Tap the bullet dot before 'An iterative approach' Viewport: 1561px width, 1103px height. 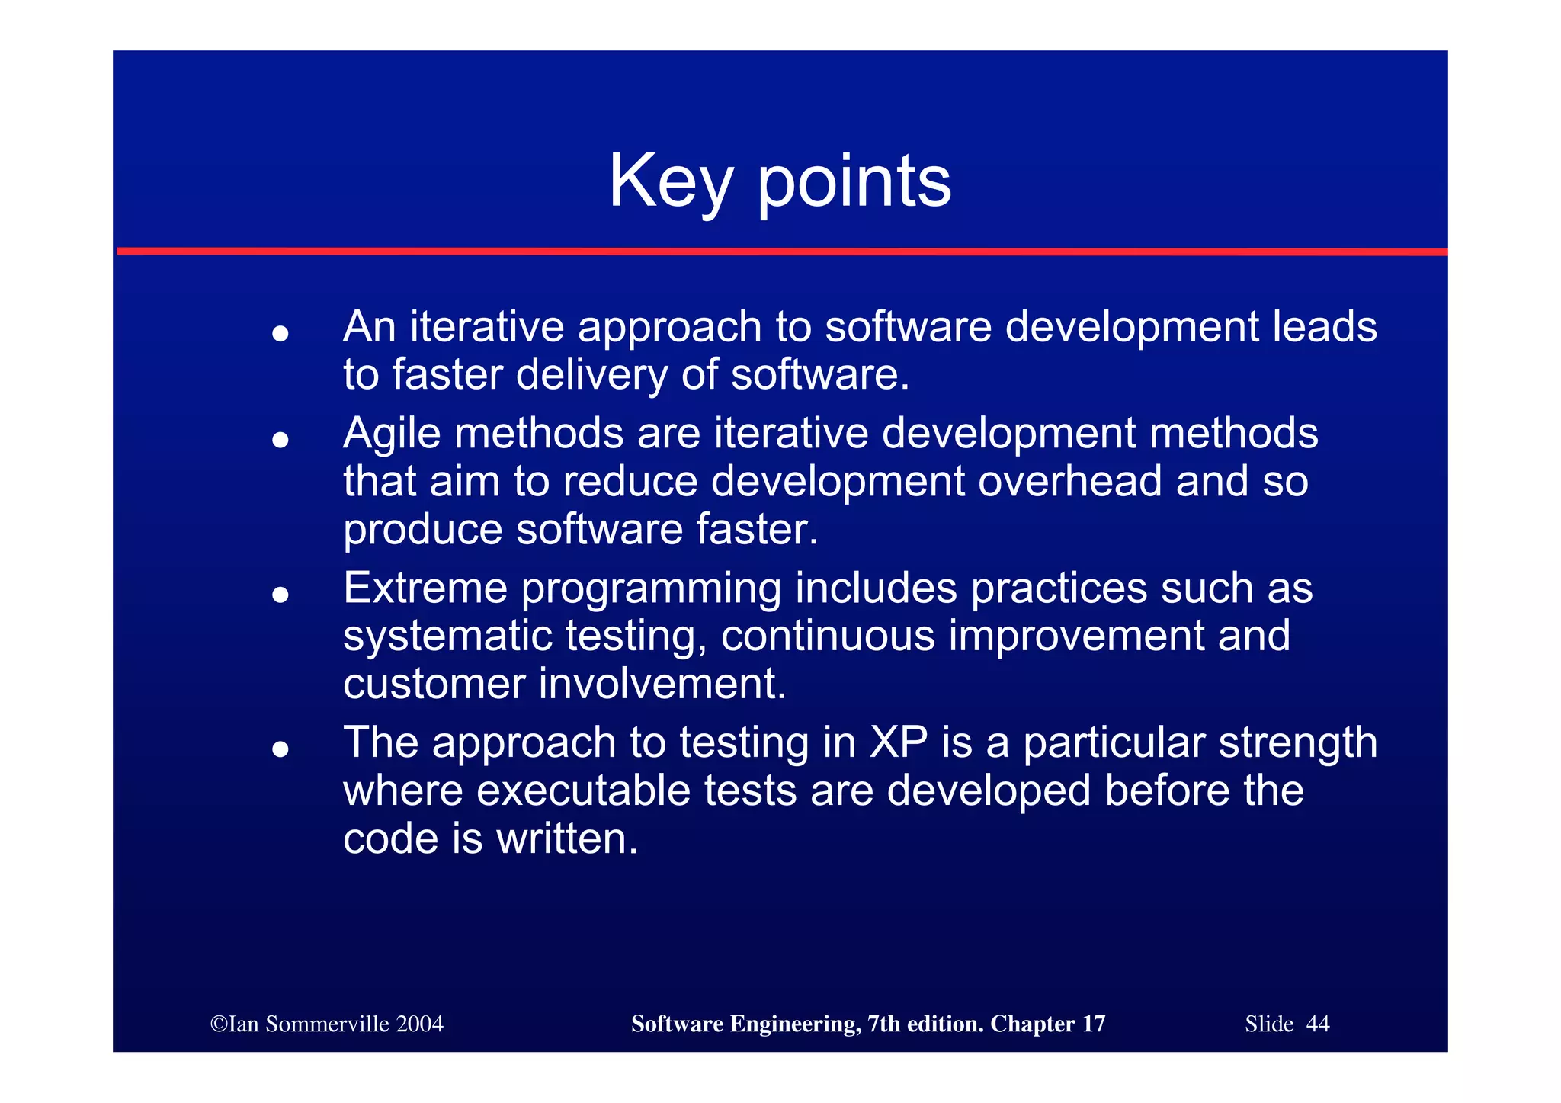pos(280,333)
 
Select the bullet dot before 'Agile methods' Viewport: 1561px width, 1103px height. pos(280,440)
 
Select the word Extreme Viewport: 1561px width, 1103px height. pos(425,588)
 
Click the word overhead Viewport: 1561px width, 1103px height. pos(1069,482)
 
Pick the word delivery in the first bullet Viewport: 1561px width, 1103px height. pos(591,375)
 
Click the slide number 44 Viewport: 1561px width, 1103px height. pos(1317,1024)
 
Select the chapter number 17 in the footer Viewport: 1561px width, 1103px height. pos(1093,1024)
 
